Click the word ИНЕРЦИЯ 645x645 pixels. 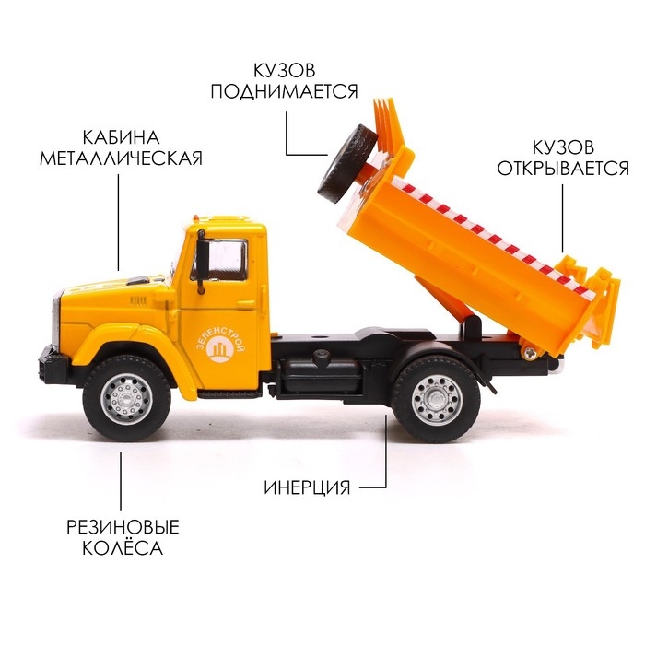(307, 487)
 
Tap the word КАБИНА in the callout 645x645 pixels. (121, 137)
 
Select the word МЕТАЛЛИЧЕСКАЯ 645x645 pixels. (121, 158)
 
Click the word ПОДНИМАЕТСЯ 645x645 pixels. (284, 91)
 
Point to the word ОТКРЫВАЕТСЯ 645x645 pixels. (563, 168)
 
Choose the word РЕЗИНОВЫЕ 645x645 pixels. (123, 527)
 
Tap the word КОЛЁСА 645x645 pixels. (123, 548)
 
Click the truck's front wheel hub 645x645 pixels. (127, 398)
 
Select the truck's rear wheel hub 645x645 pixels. (437, 398)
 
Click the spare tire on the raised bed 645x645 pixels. (348, 165)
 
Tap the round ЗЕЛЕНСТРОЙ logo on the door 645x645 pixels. (221, 349)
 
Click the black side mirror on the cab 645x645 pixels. (202, 262)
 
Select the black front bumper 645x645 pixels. (53, 365)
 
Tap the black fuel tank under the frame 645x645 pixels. (321, 374)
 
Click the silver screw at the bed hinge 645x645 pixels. (530, 353)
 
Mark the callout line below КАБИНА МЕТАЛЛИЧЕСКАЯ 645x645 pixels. (119, 222)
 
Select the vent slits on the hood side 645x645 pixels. (138, 300)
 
